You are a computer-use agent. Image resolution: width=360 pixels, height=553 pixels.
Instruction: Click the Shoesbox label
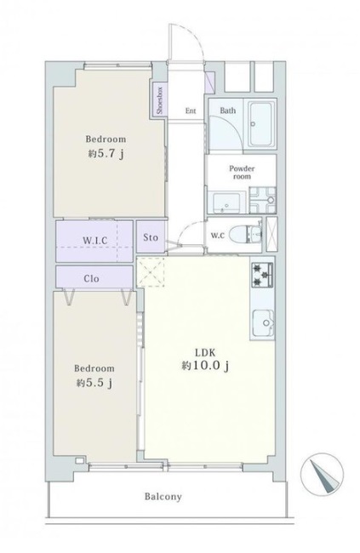click(x=159, y=101)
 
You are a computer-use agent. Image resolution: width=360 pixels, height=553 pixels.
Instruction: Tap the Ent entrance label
click(x=191, y=111)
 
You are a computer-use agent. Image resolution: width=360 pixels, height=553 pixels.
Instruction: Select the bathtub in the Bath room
click(x=261, y=124)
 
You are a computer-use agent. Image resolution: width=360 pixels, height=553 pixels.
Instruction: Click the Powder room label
click(x=242, y=172)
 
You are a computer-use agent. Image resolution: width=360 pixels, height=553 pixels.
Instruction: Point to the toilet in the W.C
click(x=245, y=235)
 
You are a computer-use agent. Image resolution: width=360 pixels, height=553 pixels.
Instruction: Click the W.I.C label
click(x=95, y=241)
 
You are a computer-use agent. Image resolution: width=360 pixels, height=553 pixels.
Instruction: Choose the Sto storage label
click(x=151, y=237)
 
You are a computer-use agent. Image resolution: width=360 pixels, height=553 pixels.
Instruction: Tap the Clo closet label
click(x=91, y=279)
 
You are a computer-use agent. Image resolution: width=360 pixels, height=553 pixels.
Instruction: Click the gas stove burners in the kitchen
click(x=262, y=275)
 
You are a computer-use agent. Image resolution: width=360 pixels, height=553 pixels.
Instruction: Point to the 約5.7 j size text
click(x=106, y=154)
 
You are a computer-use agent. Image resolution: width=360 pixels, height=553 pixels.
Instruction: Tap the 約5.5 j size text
click(x=94, y=383)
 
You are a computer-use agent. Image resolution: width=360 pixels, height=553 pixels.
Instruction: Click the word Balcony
click(x=163, y=497)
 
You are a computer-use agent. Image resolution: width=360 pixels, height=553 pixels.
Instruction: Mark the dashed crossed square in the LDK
click(x=151, y=271)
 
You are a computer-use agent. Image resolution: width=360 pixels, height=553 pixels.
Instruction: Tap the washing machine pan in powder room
click(x=263, y=200)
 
